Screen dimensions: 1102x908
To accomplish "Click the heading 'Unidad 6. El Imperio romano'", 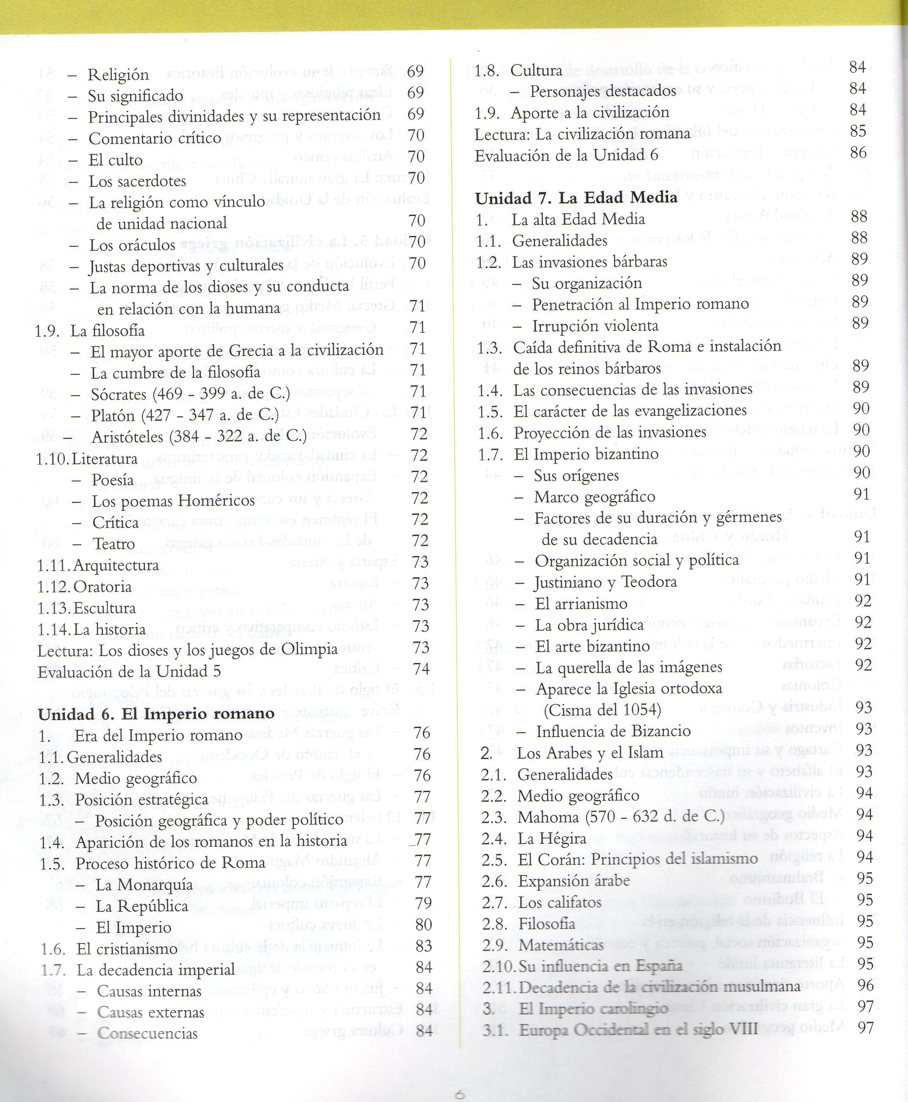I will (156, 714).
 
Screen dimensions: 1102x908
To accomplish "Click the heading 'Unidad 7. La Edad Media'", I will (576, 198).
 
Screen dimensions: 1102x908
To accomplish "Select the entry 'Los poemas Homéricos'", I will (173, 501).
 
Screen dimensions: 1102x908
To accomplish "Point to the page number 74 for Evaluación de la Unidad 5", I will (421, 669).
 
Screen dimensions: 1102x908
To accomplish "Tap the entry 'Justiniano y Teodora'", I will (605, 582).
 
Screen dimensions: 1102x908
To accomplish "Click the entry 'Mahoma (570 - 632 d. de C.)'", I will (621, 817).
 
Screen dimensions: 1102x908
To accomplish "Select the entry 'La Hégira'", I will (552, 838).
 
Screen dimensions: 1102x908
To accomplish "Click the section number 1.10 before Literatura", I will (53, 459).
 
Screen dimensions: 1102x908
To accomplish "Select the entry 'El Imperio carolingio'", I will (593, 1008).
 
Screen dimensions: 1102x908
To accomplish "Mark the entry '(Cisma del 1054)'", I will (602, 710).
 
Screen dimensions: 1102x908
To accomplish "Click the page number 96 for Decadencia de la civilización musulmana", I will (866, 985).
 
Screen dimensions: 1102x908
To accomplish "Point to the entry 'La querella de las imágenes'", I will (629, 667).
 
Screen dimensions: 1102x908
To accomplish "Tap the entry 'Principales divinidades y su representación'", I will (234, 116).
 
